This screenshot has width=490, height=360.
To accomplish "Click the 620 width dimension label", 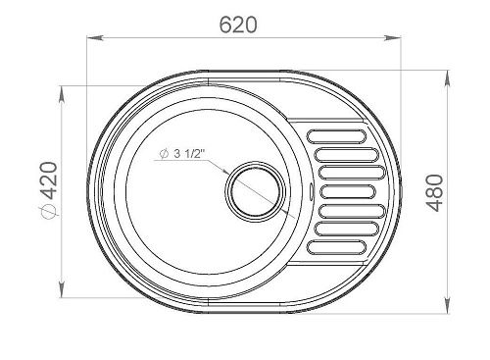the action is click(238, 25).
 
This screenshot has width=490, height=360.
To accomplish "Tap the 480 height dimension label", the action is click(435, 193).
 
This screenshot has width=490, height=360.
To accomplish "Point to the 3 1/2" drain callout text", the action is click(189, 154).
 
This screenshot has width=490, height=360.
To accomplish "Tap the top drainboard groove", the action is click(337, 136).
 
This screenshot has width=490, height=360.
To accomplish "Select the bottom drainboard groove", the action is click(337, 247).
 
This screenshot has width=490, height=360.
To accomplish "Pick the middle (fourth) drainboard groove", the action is click(349, 192).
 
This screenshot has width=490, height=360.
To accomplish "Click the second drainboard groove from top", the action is click(346, 155).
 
